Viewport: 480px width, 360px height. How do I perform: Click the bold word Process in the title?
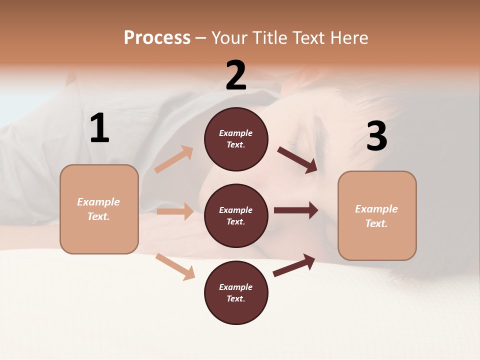click(x=157, y=38)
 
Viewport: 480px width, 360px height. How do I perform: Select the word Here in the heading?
click(x=347, y=38)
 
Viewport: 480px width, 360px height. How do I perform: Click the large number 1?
click(x=99, y=128)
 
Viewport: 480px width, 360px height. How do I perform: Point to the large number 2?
click(x=236, y=75)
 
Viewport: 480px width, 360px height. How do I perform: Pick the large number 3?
click(x=376, y=136)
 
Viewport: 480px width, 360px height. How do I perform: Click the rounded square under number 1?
click(x=99, y=209)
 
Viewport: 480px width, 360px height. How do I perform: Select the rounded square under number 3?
click(x=377, y=216)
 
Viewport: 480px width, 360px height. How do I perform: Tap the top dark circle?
click(x=236, y=139)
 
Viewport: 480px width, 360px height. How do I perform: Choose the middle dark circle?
click(x=236, y=216)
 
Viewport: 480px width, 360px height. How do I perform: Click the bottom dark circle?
click(x=236, y=293)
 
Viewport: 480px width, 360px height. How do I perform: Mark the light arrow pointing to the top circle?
click(x=174, y=159)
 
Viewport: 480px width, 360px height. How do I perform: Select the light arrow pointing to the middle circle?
click(x=175, y=211)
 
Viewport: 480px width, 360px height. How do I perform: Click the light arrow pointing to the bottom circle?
click(x=175, y=266)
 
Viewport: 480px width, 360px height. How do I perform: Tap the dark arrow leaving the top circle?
click(x=297, y=159)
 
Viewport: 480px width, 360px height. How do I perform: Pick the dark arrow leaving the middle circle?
click(x=296, y=210)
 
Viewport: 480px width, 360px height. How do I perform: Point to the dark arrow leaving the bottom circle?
click(x=294, y=265)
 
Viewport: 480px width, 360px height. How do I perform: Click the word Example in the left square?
click(x=98, y=202)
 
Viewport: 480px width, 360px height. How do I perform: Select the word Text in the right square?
click(x=376, y=223)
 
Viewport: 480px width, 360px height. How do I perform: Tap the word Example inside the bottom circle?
click(x=235, y=287)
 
